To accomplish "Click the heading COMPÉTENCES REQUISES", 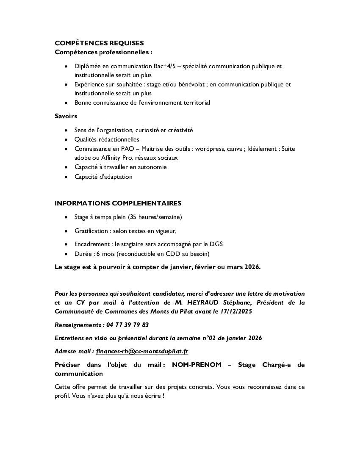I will click(x=99, y=43).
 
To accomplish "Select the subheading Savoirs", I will click(x=66, y=116).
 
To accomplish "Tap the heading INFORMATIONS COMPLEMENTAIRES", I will click(x=118, y=203).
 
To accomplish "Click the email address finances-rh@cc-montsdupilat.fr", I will click(x=142, y=351).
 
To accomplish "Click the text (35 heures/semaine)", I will click(x=155, y=217).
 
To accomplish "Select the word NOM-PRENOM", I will click(x=197, y=365).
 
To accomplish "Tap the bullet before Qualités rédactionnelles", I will click(x=66, y=139).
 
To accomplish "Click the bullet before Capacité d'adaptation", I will click(x=66, y=177).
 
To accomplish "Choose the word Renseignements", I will click(x=78, y=325).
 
